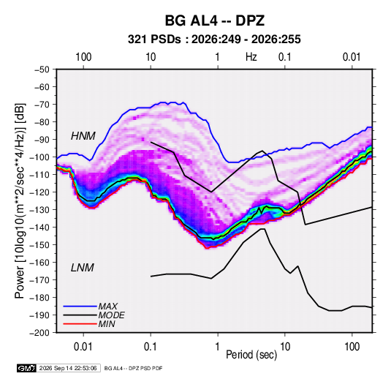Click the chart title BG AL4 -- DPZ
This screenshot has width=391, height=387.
[x=214, y=20]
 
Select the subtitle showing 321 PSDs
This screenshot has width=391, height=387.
[x=214, y=40]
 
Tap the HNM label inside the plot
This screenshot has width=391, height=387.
[x=83, y=136]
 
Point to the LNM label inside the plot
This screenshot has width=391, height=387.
[x=83, y=268]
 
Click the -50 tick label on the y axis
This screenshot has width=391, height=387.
[x=42, y=69]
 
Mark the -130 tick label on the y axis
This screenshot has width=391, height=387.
[x=40, y=210]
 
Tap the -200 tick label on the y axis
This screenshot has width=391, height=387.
[x=40, y=333]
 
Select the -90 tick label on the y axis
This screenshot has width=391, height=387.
[x=42, y=140]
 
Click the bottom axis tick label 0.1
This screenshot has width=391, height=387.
[x=151, y=347]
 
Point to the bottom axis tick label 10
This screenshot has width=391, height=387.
[x=285, y=347]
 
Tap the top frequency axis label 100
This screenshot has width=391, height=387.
[x=83, y=57]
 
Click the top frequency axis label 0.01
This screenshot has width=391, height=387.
[x=352, y=57]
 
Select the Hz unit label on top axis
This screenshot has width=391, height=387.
[x=251, y=57]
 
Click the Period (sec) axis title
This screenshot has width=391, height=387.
[x=251, y=355]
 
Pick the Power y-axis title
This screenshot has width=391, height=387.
[x=20, y=200]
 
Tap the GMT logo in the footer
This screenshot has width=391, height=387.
[x=27, y=368]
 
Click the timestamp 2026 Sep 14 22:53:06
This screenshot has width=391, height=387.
[x=68, y=368]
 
